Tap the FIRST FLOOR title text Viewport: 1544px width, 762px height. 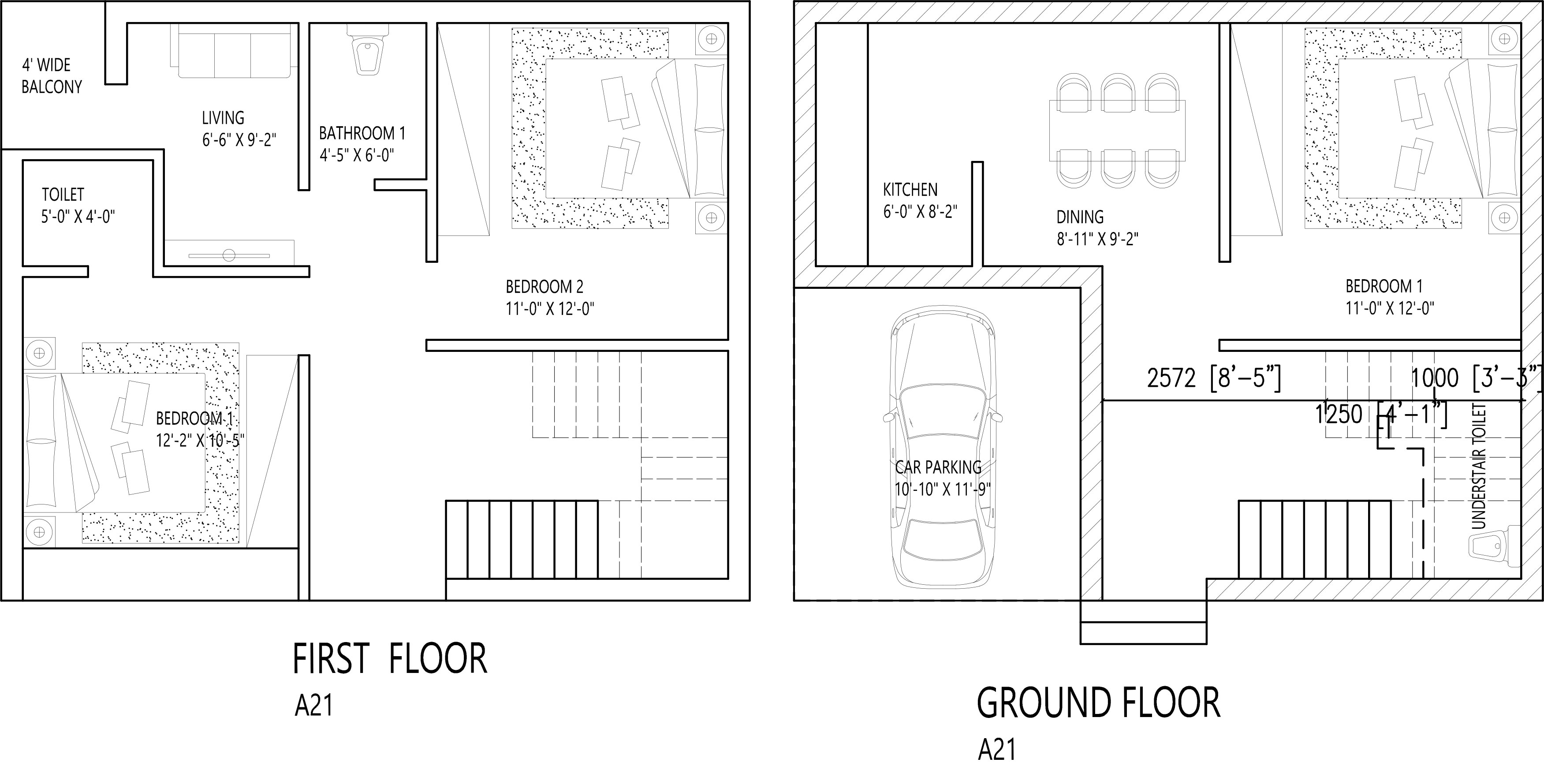[x=390, y=659]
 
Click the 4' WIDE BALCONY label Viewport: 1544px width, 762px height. [x=52, y=75]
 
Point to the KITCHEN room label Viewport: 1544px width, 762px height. [x=910, y=190]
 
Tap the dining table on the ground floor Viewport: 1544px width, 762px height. [x=1117, y=131]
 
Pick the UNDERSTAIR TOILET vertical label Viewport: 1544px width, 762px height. [x=1479, y=467]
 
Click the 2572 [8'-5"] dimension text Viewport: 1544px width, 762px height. [x=1214, y=378]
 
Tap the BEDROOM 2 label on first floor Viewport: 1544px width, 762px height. [x=544, y=287]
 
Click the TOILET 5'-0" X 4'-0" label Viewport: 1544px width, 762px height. [x=78, y=205]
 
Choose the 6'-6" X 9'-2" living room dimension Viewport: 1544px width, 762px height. [x=239, y=140]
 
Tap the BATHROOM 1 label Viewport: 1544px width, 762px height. [x=362, y=133]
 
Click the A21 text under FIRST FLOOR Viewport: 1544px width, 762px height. [x=313, y=706]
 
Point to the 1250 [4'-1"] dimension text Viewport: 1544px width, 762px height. [x=1380, y=414]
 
